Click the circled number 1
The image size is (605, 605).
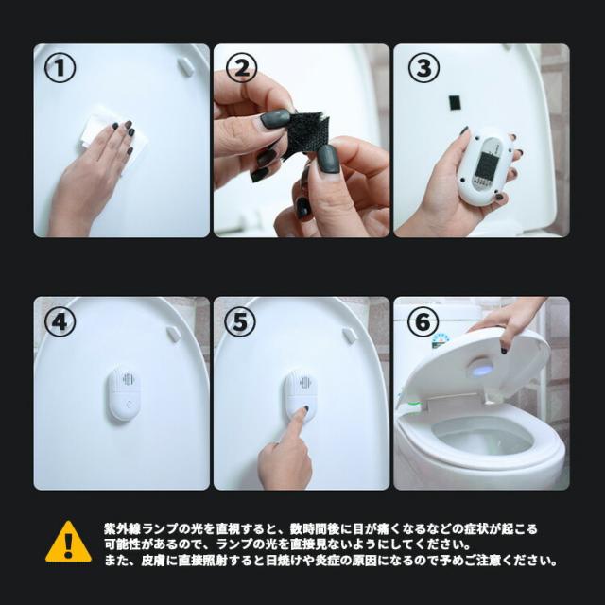click(60, 67)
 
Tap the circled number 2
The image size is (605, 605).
click(241, 67)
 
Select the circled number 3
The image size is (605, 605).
click(423, 67)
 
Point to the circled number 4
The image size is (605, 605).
click(60, 321)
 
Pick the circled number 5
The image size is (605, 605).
click(239, 321)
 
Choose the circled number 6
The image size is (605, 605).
click(423, 321)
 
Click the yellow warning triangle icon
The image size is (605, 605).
click(69, 542)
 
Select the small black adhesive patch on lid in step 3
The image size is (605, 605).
click(454, 102)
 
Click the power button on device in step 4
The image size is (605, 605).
click(129, 405)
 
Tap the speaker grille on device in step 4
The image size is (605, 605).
click(129, 379)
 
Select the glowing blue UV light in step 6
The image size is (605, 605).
click(481, 370)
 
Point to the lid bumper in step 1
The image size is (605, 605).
click(185, 66)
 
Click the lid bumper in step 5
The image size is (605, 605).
click(350, 336)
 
